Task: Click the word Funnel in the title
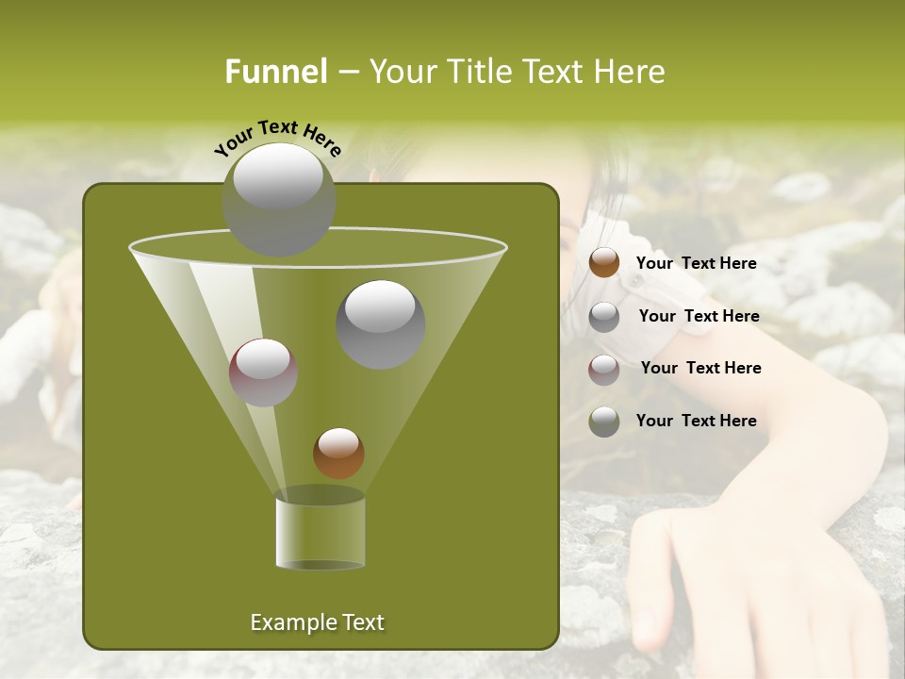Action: [x=275, y=72]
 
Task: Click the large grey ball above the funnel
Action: [x=278, y=199]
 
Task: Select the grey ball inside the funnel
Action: [x=380, y=323]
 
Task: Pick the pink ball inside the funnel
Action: [x=264, y=372]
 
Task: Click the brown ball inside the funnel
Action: [x=338, y=453]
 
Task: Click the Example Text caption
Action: [x=317, y=622]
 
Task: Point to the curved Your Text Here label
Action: [x=277, y=138]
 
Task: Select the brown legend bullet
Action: [x=604, y=263]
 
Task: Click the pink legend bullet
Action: [x=604, y=369]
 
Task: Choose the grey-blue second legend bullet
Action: [x=604, y=316]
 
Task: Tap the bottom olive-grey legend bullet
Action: [x=604, y=422]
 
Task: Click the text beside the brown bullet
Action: [x=696, y=263]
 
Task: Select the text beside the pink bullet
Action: [x=700, y=368]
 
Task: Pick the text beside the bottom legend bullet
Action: [x=696, y=421]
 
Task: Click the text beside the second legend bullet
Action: [x=699, y=316]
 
